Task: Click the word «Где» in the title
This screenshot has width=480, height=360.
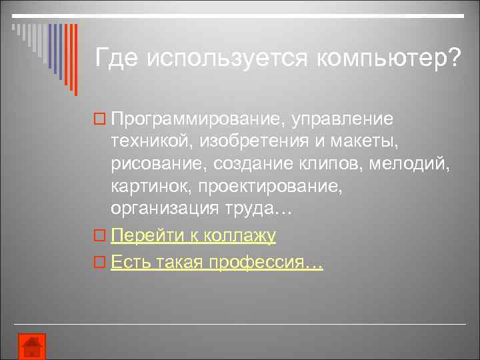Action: point(117,58)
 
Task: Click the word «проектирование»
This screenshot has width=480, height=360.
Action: point(269,187)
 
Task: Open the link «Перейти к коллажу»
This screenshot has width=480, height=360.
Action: point(193,236)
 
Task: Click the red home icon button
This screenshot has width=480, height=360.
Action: point(31,347)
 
